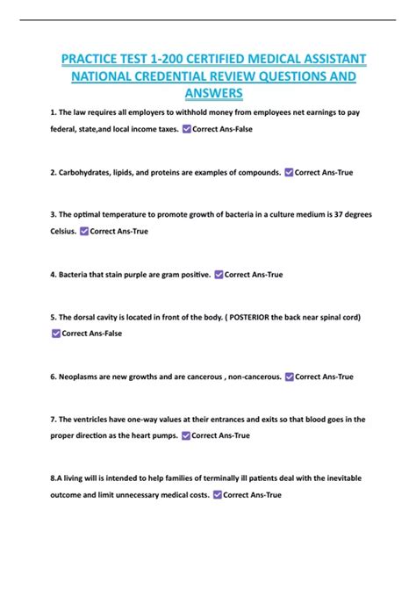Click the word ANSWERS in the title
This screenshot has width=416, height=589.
(214, 93)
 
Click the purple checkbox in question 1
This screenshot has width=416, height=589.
(185, 129)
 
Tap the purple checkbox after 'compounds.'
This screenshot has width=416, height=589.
(289, 173)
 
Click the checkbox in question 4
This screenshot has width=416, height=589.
(219, 275)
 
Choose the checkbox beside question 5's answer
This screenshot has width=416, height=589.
(56, 333)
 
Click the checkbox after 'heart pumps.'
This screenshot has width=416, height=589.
(184, 435)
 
